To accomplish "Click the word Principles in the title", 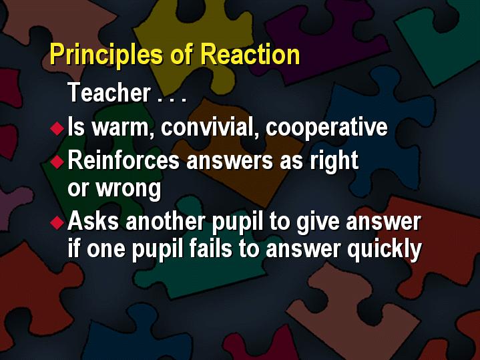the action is (x=106, y=55).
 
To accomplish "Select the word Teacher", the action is (x=109, y=92).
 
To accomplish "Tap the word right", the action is (x=334, y=161).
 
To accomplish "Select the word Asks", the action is (x=93, y=221).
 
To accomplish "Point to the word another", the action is (x=166, y=221).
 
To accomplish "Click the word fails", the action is (x=210, y=248).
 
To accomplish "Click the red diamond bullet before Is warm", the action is (x=57, y=128).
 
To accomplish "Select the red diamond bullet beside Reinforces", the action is (x=57, y=162).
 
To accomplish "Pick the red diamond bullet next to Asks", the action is (x=57, y=222).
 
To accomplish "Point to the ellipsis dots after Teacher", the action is (x=172, y=99).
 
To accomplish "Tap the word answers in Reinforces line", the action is (x=229, y=161).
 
